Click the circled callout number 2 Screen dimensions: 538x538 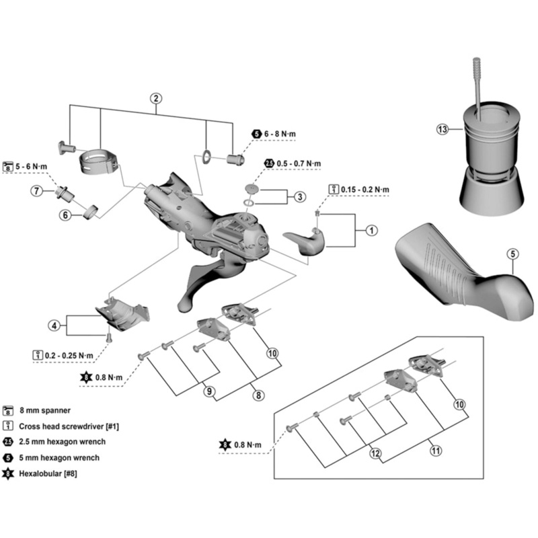tap(156, 97)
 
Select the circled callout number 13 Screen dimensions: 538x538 tap(441, 128)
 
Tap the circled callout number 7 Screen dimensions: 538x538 tap(38, 191)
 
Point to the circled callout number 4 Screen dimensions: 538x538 tap(54, 326)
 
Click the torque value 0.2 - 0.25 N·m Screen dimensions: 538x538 tap(69, 354)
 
